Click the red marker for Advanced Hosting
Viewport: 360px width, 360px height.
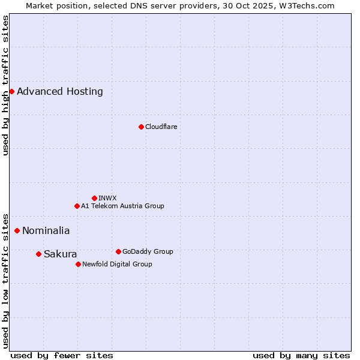[x=11, y=91]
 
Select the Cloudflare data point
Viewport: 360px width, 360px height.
[x=141, y=127]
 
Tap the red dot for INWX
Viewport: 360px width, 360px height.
[x=94, y=198]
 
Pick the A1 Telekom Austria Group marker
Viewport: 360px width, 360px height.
[x=77, y=206]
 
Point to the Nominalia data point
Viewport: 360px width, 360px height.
[x=17, y=230]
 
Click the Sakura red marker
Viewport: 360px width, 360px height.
[x=38, y=254]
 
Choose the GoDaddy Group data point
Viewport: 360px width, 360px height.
[x=118, y=251]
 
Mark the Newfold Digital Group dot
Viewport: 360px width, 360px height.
[x=78, y=264]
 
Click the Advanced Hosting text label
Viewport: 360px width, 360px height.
[x=60, y=92]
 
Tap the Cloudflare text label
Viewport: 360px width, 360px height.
[x=161, y=127]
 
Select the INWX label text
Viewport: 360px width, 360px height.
[x=107, y=198]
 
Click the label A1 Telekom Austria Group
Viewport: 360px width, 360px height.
[x=122, y=206]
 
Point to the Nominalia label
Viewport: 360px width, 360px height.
[x=46, y=231]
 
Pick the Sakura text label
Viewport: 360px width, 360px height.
[x=61, y=254]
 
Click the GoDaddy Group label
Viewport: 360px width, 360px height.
[x=148, y=251]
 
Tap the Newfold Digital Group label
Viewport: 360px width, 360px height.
[x=117, y=264]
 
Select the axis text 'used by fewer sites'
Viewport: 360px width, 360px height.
[x=62, y=355]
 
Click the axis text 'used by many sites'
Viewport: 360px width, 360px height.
[x=301, y=355]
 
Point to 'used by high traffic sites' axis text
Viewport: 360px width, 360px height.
[x=5, y=85]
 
